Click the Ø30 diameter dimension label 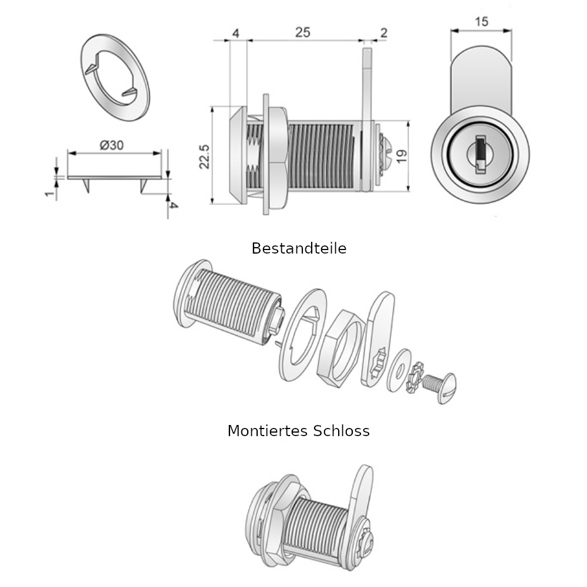coord(112,145)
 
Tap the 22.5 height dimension coord(204,156)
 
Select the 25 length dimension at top coord(302,33)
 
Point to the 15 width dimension coord(481,22)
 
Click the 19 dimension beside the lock coord(402,156)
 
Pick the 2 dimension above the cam coord(383,33)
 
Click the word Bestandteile coord(299,248)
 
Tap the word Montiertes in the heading coord(268,431)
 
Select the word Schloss coord(342,431)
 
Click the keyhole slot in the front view coord(480,154)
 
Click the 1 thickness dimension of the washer coord(49,192)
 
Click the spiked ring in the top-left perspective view coord(114,76)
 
